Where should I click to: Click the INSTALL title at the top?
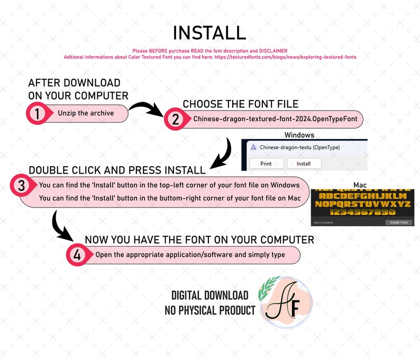209,33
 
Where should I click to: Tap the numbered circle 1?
36,113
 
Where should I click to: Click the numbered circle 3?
21,186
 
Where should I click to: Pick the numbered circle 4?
77,255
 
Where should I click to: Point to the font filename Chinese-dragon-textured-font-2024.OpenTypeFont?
275,120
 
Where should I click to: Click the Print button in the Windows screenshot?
266,164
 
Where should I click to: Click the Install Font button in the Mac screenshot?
398,222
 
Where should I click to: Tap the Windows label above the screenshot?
299,135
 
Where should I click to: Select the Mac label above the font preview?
360,185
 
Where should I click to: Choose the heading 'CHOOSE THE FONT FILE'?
241,104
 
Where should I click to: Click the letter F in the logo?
295,305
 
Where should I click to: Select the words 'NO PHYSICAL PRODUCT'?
210,310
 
